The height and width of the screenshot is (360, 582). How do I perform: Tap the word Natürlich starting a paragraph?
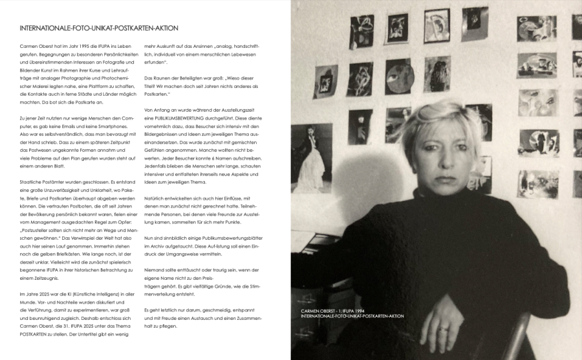pyautogui.click(x=156, y=198)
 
